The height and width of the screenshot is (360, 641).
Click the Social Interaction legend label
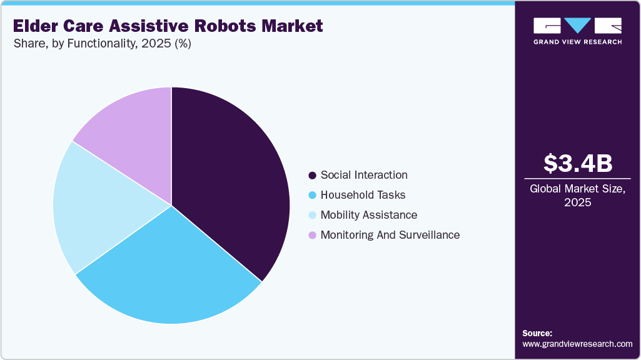pos(364,175)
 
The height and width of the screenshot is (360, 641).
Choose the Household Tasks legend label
pos(363,195)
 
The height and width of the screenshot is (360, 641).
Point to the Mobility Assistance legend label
pos(368,215)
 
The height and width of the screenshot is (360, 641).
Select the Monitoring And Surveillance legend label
pos(390,235)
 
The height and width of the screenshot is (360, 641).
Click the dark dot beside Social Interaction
pos(312,176)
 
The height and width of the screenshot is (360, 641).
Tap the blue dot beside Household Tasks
pos(312,196)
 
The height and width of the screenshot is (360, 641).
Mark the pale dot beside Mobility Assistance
pos(312,216)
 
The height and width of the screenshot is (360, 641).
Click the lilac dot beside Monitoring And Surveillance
pos(312,236)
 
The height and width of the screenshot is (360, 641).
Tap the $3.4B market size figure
pos(578,163)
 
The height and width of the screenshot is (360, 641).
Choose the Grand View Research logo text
pos(577,42)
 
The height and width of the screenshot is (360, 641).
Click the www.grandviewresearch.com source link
pos(577,344)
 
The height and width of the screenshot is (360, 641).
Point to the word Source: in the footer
pos(537,333)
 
